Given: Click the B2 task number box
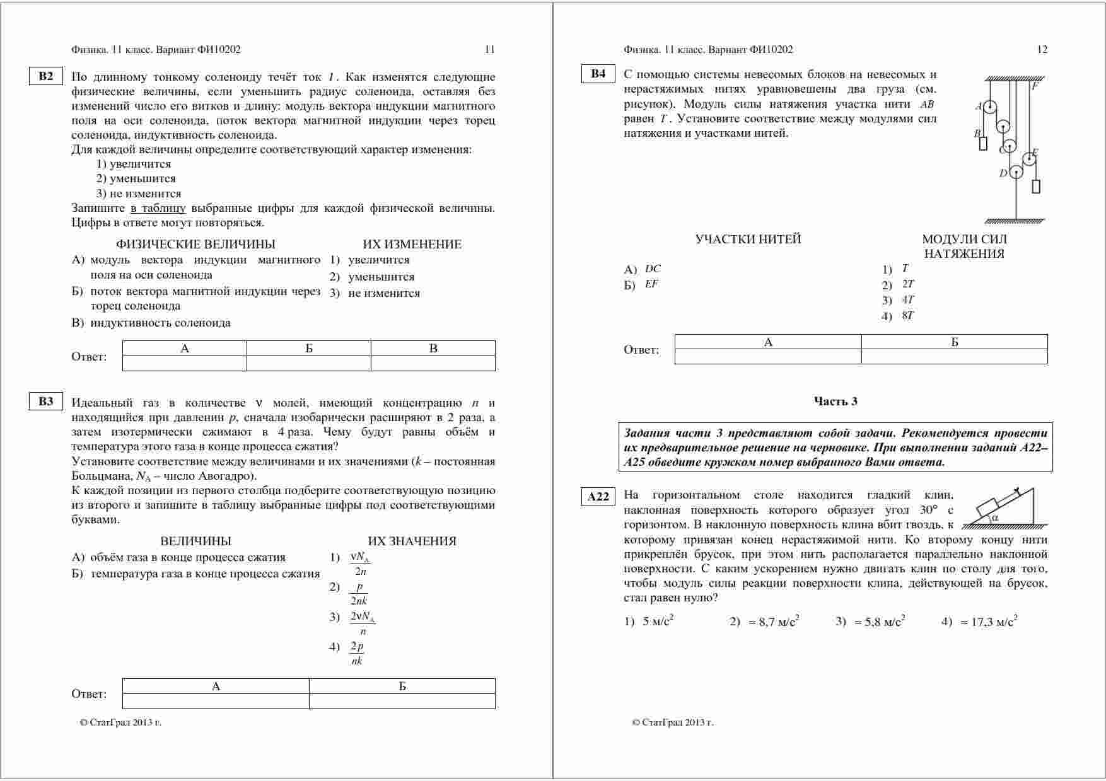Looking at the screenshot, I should coord(46,76).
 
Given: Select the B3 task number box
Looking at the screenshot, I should coord(46,402).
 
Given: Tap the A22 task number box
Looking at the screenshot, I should coord(598,497).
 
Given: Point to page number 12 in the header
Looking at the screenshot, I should coord(1042,49).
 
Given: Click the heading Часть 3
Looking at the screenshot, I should coord(835,402).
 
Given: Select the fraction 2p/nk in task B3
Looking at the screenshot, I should coord(357,653).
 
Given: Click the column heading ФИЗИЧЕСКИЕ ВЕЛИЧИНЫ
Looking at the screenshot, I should coord(195,245).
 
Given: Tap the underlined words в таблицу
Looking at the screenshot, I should coord(158,208).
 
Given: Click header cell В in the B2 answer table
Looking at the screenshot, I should coord(433,349).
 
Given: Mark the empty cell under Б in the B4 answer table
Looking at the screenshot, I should coord(954,357).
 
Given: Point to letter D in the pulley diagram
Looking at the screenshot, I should coord(1003,173).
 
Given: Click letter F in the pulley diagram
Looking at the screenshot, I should coord(1035,86).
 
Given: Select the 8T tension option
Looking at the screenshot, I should coord(907,316).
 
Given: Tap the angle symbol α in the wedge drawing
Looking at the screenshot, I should coord(995,518).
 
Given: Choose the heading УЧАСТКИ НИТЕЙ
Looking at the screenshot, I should coord(748,240).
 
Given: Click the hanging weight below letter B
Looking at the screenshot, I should coord(982,144).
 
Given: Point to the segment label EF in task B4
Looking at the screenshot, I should coord(651,284).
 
